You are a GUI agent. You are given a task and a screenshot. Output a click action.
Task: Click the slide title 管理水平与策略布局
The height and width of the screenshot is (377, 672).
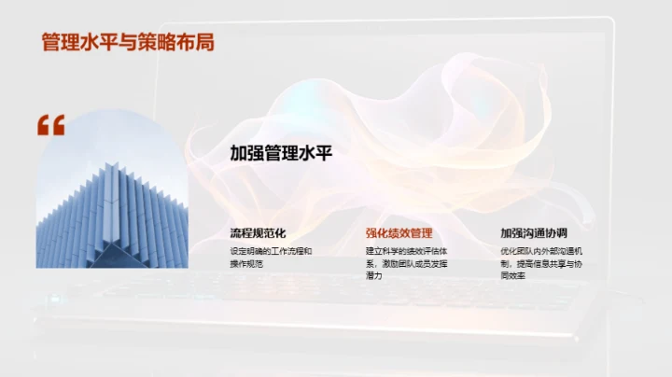(x=128, y=43)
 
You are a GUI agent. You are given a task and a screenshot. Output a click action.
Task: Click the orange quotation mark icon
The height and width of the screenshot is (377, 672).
(x=50, y=126)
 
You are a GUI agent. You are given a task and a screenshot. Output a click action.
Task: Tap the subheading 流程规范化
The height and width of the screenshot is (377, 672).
(x=258, y=233)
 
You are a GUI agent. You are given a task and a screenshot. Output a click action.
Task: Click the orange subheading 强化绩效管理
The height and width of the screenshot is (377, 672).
(x=399, y=233)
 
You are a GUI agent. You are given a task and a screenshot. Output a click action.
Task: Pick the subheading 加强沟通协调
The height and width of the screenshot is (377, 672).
(x=534, y=233)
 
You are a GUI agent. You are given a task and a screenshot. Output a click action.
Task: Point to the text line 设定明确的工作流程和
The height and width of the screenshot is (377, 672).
(x=271, y=251)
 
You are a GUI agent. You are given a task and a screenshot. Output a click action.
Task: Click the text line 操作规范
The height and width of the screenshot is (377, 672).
(x=246, y=264)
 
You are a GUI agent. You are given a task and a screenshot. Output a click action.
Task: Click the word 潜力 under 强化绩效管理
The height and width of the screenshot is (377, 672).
(x=374, y=277)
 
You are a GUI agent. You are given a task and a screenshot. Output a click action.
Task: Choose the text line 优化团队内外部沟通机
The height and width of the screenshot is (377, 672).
(x=541, y=251)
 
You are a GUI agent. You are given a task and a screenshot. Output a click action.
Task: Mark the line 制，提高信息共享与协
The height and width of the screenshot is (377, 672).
(x=541, y=264)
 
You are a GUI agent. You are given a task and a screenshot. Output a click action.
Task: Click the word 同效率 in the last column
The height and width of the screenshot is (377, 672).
(x=513, y=277)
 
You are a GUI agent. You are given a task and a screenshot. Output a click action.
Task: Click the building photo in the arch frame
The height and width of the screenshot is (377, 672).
(x=111, y=205)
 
